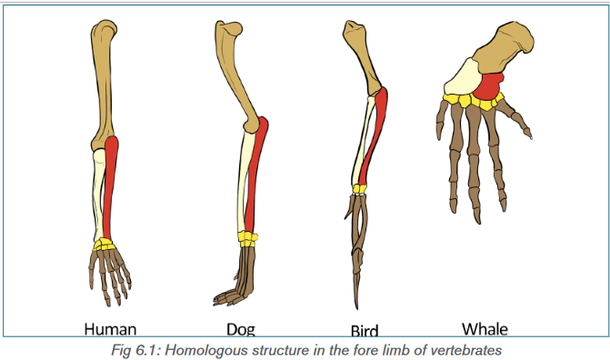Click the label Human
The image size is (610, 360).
(110, 329)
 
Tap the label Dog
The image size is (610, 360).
(241, 329)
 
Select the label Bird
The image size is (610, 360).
(365, 331)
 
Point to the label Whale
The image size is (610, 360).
(485, 329)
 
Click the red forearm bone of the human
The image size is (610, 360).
(111, 186)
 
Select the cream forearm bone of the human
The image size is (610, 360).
(98, 195)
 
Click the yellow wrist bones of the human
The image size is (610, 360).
(105, 245)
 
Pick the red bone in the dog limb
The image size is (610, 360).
(255, 175)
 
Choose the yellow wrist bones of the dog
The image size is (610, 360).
(248, 239)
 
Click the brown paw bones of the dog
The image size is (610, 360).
(238, 276)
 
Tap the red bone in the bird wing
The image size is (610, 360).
(374, 136)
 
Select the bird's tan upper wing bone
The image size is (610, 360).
(361, 56)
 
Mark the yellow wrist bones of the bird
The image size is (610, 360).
(359, 189)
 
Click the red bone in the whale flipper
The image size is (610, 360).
(488, 85)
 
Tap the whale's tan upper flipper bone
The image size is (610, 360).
(504, 46)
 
